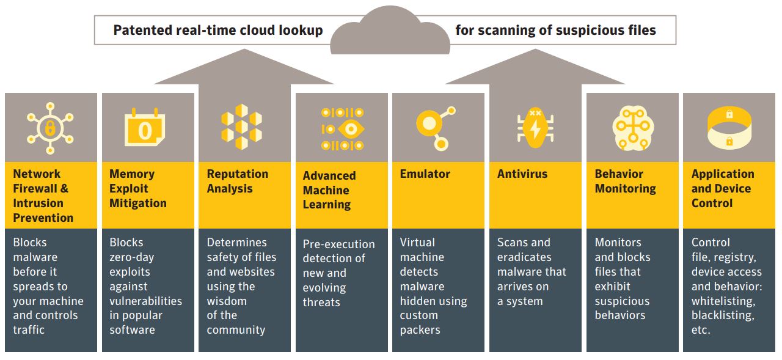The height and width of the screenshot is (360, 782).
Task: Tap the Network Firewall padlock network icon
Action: click(x=50, y=128)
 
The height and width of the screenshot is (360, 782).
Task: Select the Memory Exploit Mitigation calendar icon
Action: click(x=145, y=128)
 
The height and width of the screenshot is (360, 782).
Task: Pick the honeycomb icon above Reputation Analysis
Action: click(x=242, y=127)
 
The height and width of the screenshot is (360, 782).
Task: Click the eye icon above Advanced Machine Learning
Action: click(x=343, y=129)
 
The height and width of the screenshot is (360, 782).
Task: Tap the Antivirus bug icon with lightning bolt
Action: click(x=535, y=128)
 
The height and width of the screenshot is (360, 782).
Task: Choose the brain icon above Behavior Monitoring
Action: click(x=633, y=128)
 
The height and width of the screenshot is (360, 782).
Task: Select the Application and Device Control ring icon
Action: click(x=729, y=128)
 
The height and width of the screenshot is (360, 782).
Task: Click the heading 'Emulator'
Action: click(x=425, y=174)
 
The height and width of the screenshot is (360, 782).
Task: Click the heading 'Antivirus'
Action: click(x=522, y=174)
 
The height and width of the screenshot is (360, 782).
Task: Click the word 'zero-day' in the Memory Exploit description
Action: click(x=132, y=257)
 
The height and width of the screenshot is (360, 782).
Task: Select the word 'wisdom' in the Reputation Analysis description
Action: click(x=227, y=301)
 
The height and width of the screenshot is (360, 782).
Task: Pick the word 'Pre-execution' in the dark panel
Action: click(x=339, y=244)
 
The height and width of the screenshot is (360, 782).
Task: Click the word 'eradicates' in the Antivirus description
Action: click(x=524, y=257)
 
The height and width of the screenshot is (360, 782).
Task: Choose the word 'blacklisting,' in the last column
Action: click(x=723, y=315)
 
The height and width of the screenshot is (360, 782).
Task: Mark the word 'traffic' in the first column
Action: click(x=29, y=330)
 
